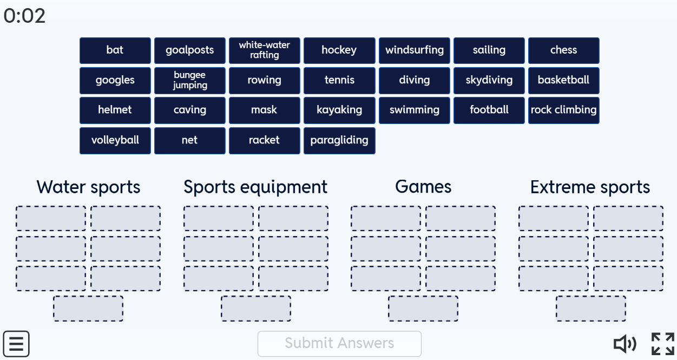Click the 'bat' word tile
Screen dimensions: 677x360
pyautogui.click(x=115, y=50)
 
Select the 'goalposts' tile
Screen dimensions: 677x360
pyautogui.click(x=190, y=50)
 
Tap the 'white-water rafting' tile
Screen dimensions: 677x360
pyautogui.click(x=265, y=50)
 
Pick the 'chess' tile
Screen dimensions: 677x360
pyautogui.click(x=564, y=50)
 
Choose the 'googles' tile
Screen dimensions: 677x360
pyautogui.click(x=115, y=81)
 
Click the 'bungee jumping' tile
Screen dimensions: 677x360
pyautogui.click(x=190, y=81)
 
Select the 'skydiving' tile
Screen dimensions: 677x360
pyautogui.click(x=489, y=81)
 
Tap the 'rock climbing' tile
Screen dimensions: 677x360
pyautogui.click(x=564, y=110)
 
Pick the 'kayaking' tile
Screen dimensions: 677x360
pyautogui.click(x=339, y=110)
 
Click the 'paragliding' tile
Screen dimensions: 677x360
pyautogui.click(x=339, y=141)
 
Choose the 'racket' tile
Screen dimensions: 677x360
pyautogui.click(x=265, y=141)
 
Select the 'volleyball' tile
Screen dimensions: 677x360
pyautogui.click(x=115, y=141)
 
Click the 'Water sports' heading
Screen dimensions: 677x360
pyautogui.click(x=88, y=187)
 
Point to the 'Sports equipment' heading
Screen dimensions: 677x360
pyautogui.click(x=255, y=187)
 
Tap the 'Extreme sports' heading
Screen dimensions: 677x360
pyautogui.click(x=590, y=187)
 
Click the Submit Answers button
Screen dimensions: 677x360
pyautogui.click(x=339, y=344)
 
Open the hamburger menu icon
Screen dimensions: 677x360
pyautogui.click(x=16, y=344)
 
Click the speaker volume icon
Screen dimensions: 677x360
pyautogui.click(x=625, y=344)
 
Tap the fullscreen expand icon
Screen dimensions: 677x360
pyautogui.click(x=663, y=344)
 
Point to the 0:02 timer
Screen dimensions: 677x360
pyautogui.click(x=24, y=16)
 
